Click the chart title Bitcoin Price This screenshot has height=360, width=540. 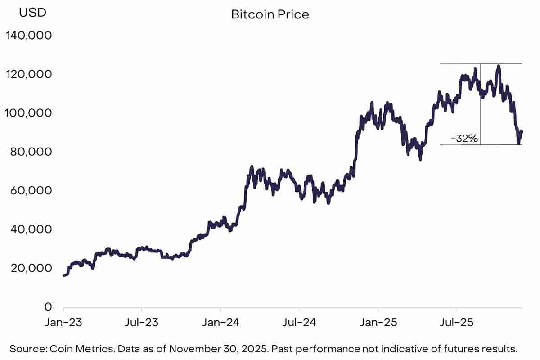pyautogui.click(x=270, y=14)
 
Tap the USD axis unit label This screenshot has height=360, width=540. pyautogui.click(x=32, y=13)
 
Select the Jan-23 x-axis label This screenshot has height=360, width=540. pyautogui.click(x=63, y=323)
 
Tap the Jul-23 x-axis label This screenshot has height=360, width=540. pyautogui.click(x=142, y=323)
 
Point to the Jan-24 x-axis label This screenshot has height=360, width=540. pyautogui.click(x=221, y=323)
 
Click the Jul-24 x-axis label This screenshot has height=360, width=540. pyautogui.click(x=299, y=323)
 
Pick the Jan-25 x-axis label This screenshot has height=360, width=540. pyautogui.click(x=378, y=323)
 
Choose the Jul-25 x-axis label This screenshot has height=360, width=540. pyautogui.click(x=457, y=323)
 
